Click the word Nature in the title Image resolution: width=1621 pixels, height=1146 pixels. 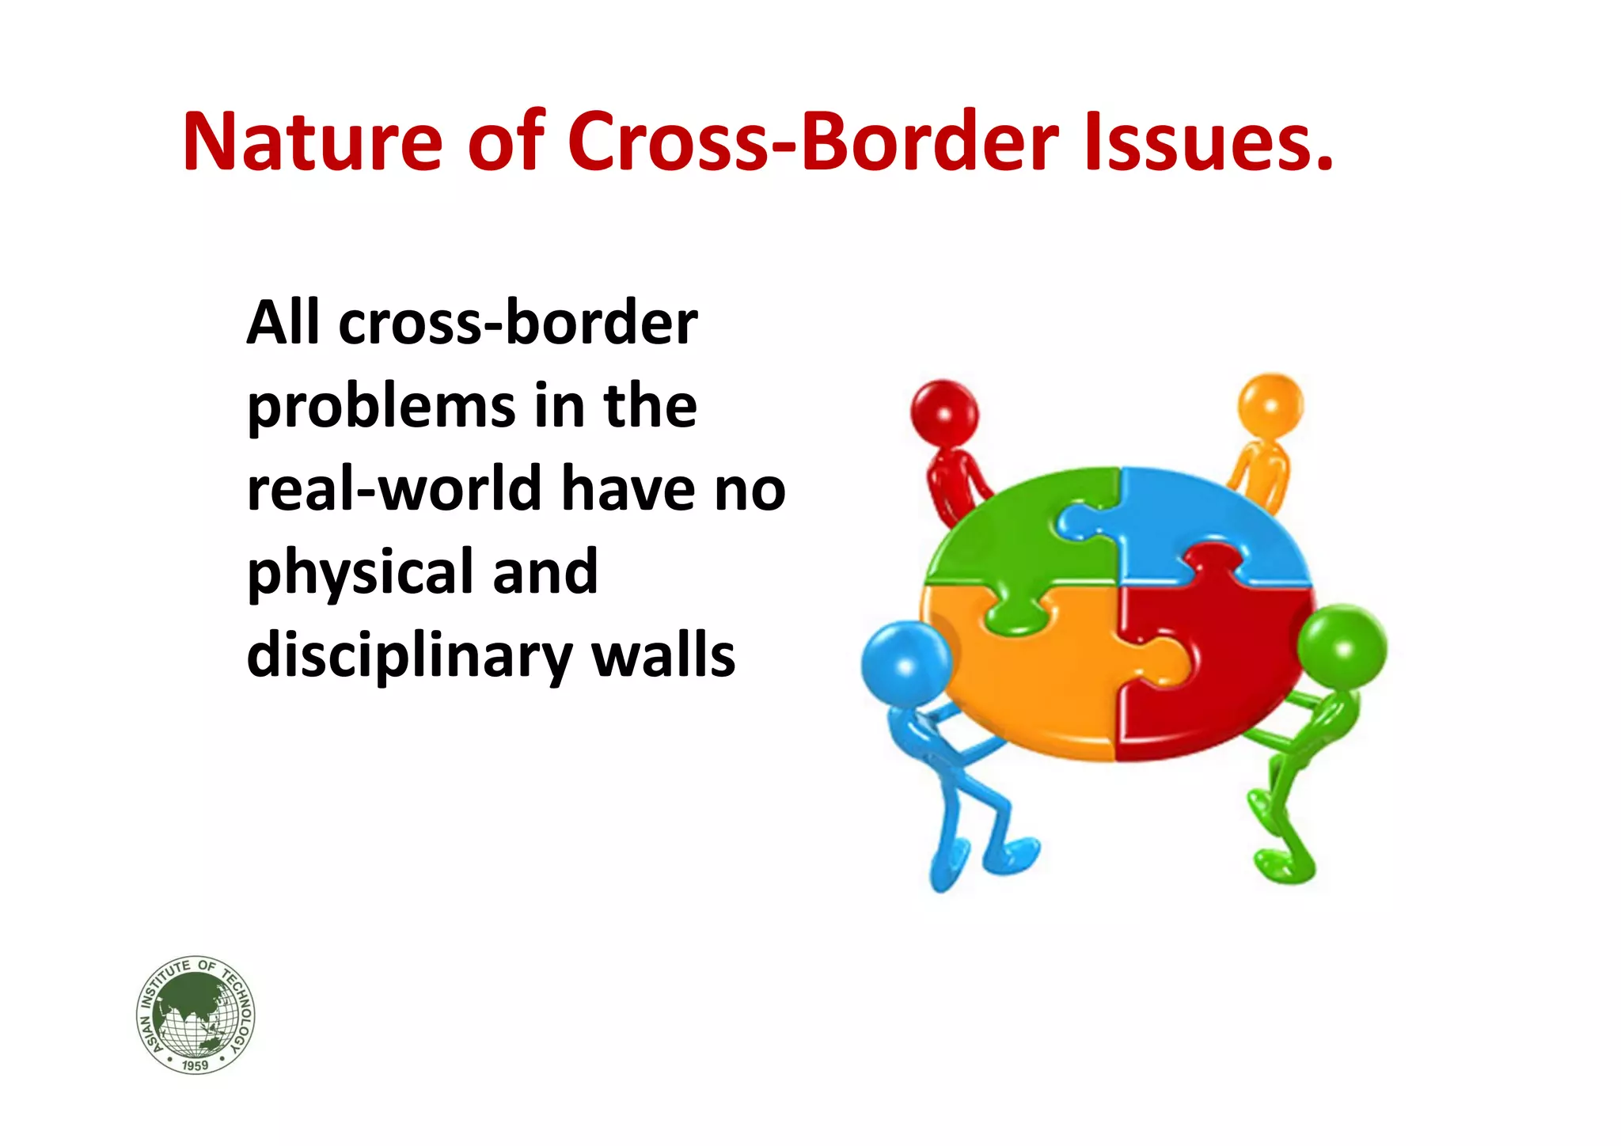(x=312, y=142)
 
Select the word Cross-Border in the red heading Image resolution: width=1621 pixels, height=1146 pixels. (x=812, y=142)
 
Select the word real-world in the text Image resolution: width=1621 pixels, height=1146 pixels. (x=391, y=489)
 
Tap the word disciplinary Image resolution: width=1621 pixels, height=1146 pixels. (x=408, y=657)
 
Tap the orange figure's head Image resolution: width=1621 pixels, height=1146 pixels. (x=1270, y=406)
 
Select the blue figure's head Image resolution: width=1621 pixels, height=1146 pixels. (x=905, y=663)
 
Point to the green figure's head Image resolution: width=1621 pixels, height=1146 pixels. (x=1342, y=647)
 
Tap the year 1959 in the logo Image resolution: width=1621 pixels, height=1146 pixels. (x=195, y=1065)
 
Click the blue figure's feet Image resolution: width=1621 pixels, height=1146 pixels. (x=981, y=863)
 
